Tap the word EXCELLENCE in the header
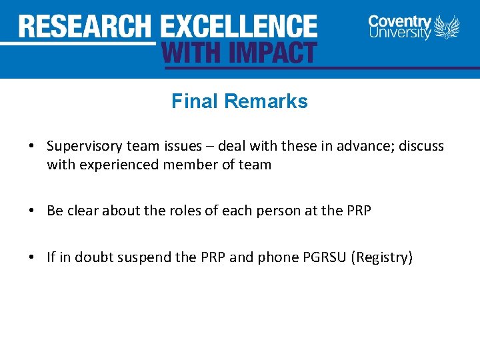pyautogui.click(x=239, y=27)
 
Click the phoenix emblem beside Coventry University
pyautogui.click(x=447, y=28)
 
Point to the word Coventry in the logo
pyautogui.click(x=399, y=21)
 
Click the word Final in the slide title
pyautogui.click(x=195, y=101)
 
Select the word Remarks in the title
pyautogui.click(x=266, y=101)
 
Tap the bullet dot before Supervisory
pyautogui.click(x=32, y=146)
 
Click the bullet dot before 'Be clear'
pyautogui.click(x=32, y=211)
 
